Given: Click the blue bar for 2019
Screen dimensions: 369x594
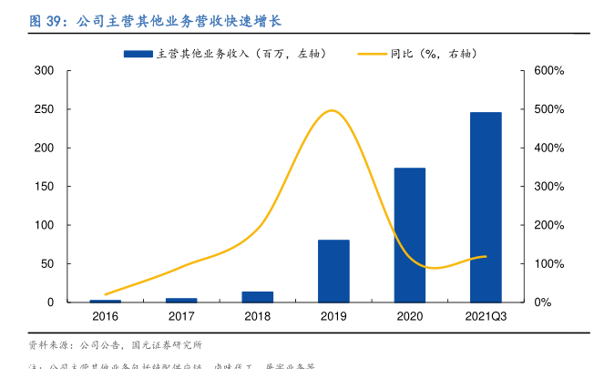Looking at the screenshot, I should click(x=333, y=271).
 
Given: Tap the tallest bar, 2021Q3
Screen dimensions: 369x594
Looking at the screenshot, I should click(x=486, y=207).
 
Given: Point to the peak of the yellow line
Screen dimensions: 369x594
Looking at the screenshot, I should click(x=333, y=110).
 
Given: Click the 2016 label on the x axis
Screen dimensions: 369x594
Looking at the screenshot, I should click(x=105, y=316).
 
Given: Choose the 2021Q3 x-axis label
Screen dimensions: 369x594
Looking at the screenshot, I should click(x=486, y=316).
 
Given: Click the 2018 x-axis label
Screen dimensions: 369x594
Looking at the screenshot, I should click(x=258, y=316).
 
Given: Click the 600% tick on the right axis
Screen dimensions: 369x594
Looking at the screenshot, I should click(x=549, y=71).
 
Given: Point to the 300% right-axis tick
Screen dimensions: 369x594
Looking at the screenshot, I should click(x=549, y=187).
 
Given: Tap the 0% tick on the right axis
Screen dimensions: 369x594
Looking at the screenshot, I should click(x=544, y=302).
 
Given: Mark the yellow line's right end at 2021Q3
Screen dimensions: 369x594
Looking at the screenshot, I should click(x=486, y=256).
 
